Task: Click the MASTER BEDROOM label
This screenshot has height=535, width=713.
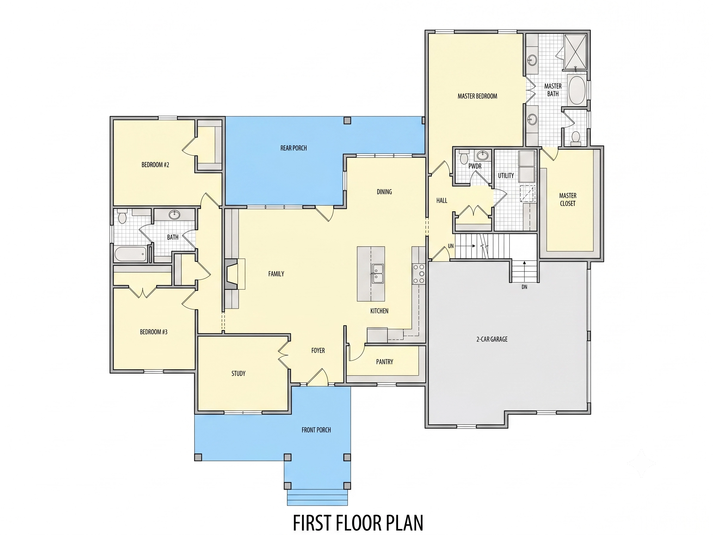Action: pos(477,96)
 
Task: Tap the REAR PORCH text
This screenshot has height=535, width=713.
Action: pos(293,148)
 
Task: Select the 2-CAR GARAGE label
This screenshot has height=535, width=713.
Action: pos(492,339)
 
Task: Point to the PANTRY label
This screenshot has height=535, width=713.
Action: pos(385,362)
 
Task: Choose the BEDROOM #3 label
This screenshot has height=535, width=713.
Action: pos(153,332)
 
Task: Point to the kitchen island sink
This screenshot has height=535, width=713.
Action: pos(377,273)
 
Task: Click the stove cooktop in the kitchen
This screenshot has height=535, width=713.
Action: pos(418,274)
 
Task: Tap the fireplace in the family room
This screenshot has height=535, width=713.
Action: pos(234,274)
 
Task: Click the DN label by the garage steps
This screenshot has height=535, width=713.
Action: pos(524,287)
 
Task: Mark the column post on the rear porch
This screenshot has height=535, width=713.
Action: pos(347,120)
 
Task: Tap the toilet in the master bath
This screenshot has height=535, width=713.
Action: pos(575,137)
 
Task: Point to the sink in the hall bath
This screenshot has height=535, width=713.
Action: pos(175,214)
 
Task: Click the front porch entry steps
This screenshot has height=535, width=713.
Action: pos(317,498)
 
